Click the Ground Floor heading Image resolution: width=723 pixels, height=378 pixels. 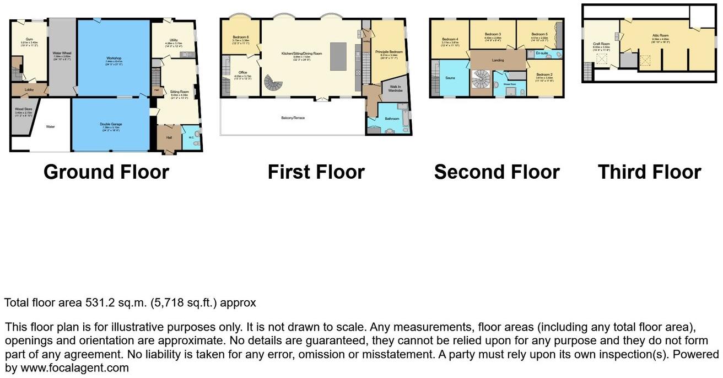click(106, 172)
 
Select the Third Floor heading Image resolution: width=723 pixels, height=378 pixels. click(649, 172)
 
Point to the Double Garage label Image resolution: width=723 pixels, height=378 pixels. click(111, 124)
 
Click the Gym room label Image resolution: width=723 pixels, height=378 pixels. click(29, 40)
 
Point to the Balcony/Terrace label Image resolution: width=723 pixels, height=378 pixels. click(293, 118)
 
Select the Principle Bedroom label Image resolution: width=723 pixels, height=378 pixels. click(389, 52)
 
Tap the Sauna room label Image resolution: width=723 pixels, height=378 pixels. click(450, 78)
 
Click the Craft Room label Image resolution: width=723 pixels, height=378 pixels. click(601, 44)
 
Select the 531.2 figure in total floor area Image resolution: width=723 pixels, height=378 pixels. click(99, 303)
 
